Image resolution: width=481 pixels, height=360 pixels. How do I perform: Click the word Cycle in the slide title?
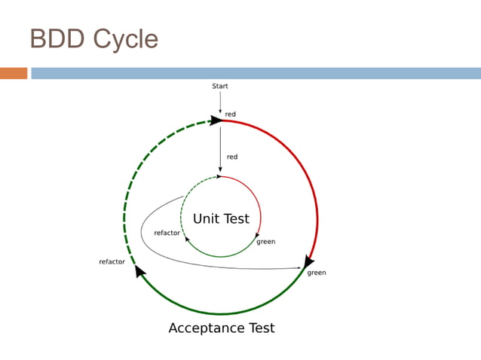pyautogui.click(x=125, y=39)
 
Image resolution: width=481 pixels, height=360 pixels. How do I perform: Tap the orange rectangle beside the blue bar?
pyautogui.click(x=14, y=73)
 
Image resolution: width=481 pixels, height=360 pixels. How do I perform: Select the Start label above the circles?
pyautogui.click(x=220, y=87)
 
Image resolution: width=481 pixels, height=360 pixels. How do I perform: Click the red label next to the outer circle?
pyautogui.click(x=231, y=114)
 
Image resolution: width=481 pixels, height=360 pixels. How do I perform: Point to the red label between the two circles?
pyautogui.click(x=232, y=157)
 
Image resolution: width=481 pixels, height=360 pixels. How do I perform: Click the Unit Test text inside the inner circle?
pyautogui.click(x=221, y=219)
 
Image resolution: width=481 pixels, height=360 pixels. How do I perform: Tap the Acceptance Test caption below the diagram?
pyautogui.click(x=221, y=328)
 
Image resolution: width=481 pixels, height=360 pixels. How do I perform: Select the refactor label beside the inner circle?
pyautogui.click(x=167, y=233)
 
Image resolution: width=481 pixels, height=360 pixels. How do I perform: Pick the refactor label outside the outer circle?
pyautogui.click(x=112, y=262)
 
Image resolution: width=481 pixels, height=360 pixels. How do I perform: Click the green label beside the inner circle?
pyautogui.click(x=266, y=242)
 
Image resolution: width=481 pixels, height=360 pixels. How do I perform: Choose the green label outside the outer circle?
pyautogui.click(x=317, y=273)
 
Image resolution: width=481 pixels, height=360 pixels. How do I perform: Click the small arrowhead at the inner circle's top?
pyautogui.click(x=219, y=177)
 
